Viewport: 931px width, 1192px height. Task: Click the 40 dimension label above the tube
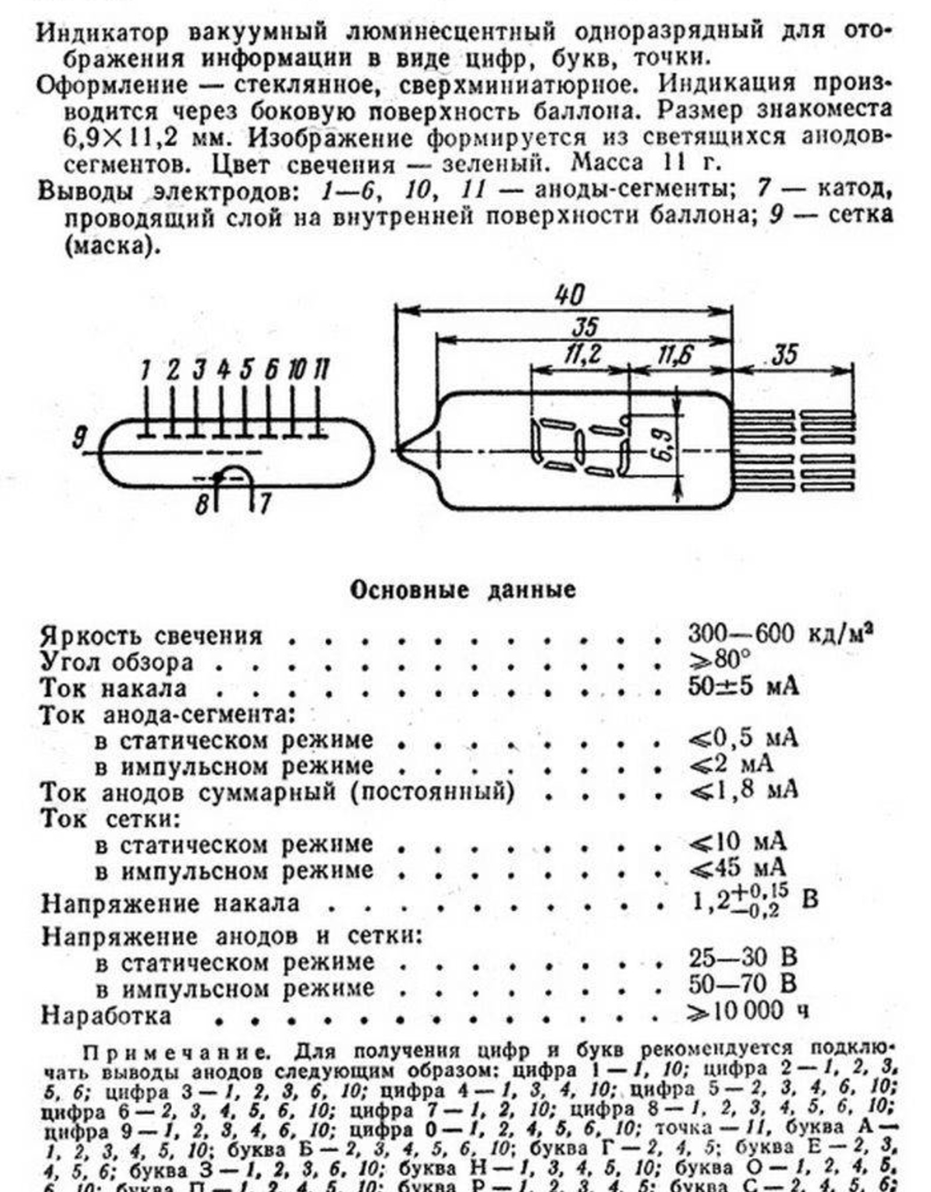[x=568, y=295]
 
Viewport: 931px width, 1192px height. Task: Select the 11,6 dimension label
[x=673, y=354]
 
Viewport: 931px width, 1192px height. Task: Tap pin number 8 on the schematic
[x=201, y=504]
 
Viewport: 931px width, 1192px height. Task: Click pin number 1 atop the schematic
[x=145, y=370]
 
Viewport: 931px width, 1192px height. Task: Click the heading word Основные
[x=409, y=590]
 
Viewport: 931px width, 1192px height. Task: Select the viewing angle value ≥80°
[x=719, y=659]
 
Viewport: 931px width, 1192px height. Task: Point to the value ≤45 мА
[x=738, y=868]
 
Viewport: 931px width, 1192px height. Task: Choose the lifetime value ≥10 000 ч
[x=748, y=1011]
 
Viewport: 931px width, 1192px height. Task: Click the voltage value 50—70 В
[x=742, y=984]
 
